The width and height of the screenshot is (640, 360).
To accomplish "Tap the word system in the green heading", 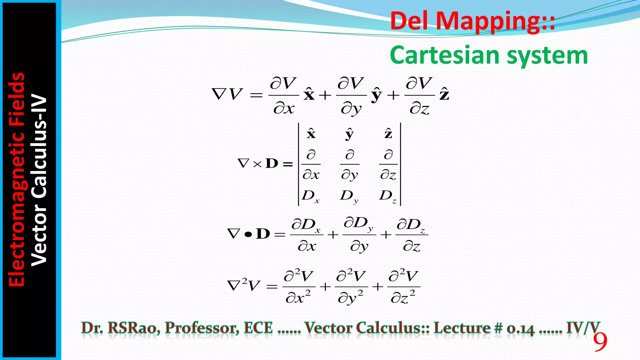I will pyautogui.click(x=547, y=55).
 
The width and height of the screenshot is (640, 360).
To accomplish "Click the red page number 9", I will pyautogui.click(x=600, y=342).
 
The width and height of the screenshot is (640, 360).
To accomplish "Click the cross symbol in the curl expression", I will pyautogui.click(x=257, y=164).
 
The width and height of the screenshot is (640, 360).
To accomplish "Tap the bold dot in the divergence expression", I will pyautogui.click(x=248, y=234).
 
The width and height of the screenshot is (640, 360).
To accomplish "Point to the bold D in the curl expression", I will pyautogui.click(x=272, y=163).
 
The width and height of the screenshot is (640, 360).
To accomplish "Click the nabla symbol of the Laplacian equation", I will pyautogui.click(x=234, y=286).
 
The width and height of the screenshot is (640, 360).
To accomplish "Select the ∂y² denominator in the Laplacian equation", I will pyautogui.click(x=350, y=297).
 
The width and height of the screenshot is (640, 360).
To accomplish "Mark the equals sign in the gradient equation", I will pyautogui.click(x=257, y=95).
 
